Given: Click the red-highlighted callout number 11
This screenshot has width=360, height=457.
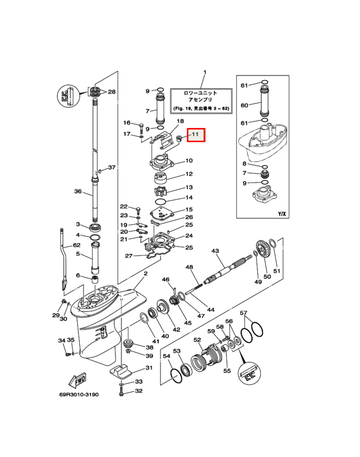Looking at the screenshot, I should point(196,135).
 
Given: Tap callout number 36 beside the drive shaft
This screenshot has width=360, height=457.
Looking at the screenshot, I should point(78,191).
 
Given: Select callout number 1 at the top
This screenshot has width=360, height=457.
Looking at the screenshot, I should point(205,73).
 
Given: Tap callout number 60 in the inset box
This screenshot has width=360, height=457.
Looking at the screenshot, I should point(244,105).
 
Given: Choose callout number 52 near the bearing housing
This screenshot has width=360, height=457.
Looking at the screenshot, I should point(197,340).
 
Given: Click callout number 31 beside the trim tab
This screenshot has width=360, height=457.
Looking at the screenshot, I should point(149,368).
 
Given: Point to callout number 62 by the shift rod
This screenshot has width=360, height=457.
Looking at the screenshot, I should point(77,245).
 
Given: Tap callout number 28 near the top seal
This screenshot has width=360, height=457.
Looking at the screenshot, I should point(112,92).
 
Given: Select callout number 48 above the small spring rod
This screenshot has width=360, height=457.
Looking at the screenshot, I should point(189,267).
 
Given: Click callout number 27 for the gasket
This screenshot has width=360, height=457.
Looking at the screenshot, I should point(128,255).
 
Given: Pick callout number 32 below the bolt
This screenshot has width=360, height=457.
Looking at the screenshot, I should point(139,391).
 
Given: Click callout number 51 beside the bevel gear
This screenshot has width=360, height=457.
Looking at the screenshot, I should point(277,271).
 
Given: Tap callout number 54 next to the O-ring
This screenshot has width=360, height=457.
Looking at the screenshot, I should point(166,357).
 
